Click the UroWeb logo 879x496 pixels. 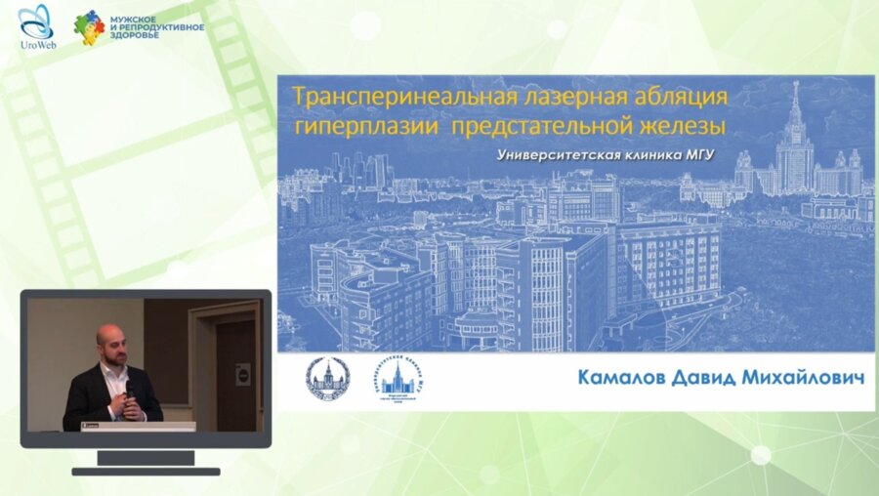(x=36, y=26)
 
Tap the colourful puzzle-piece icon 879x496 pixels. (x=89, y=27)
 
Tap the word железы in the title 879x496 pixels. (x=691, y=127)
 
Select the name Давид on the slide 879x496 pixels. (x=714, y=376)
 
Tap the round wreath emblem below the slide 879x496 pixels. (x=327, y=377)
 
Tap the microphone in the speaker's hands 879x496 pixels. (x=129, y=390)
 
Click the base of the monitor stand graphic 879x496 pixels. (x=146, y=471)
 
